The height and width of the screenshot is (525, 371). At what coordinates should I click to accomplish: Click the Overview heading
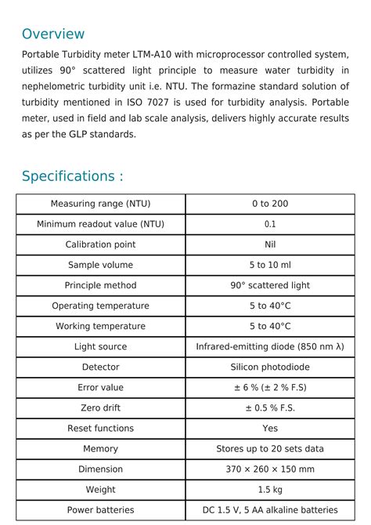click(x=52, y=34)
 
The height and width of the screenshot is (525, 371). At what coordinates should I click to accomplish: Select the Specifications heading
click(x=72, y=176)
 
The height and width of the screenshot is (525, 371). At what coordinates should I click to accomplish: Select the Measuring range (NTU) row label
click(x=100, y=204)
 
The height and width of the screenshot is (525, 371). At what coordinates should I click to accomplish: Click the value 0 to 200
click(x=270, y=204)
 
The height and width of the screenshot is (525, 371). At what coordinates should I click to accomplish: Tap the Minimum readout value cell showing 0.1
click(x=270, y=224)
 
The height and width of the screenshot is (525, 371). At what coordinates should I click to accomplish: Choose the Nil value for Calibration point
click(x=270, y=244)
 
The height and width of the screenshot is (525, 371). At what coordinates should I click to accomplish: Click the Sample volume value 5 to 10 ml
click(x=270, y=265)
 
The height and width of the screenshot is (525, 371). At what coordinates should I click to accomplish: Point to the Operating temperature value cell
click(x=270, y=306)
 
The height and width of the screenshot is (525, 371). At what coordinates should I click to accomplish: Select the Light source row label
click(x=100, y=346)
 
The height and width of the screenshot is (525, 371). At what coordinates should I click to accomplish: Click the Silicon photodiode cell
click(x=270, y=367)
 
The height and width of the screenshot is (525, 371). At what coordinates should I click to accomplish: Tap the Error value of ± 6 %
click(x=270, y=387)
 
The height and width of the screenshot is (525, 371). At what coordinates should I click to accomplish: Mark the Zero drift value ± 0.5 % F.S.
click(x=270, y=407)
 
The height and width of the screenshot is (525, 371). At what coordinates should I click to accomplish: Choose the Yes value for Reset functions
click(x=270, y=428)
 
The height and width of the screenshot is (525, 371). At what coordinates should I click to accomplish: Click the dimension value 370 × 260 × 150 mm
click(x=270, y=469)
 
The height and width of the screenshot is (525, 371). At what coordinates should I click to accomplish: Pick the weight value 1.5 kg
click(x=270, y=489)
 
